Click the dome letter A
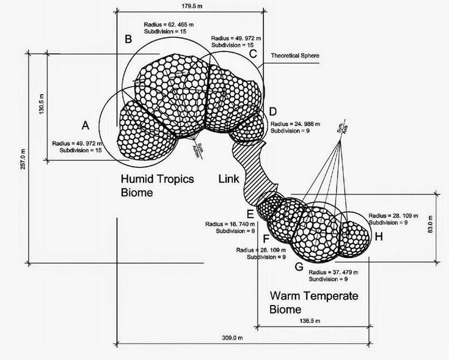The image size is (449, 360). coord(86,125)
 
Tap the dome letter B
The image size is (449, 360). coord(128,40)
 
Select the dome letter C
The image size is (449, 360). coord(252,54)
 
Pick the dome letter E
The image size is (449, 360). coord(250,214)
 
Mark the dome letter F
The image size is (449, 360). coord(265,237)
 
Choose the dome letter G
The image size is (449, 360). coord(299,267)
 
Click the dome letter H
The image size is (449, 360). coord(378,237)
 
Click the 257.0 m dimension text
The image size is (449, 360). coord(23,159)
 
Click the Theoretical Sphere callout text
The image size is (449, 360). coord(295,56)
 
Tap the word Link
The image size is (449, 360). coord(230,178)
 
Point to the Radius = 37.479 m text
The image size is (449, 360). coord(333,272)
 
